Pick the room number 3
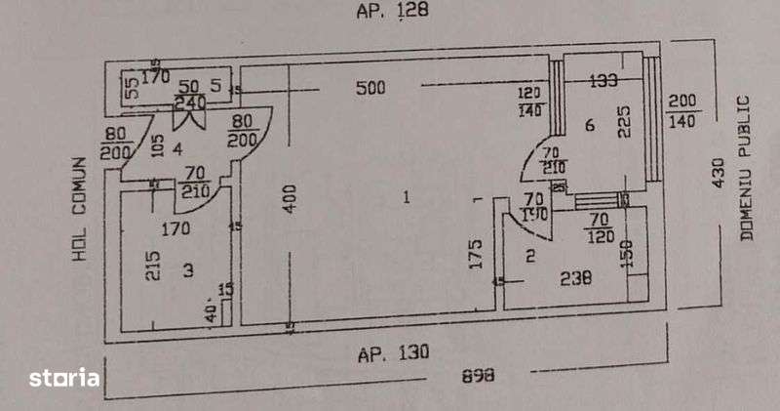[187, 269]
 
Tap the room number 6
[590, 125]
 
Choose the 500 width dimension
[370, 88]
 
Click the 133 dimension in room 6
[604, 81]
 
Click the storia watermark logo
[63, 377]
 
